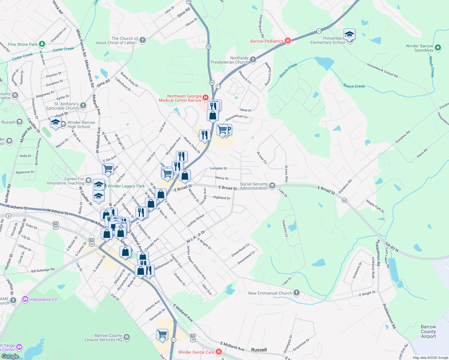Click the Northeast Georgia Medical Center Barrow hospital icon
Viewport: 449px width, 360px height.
(x=206, y=97)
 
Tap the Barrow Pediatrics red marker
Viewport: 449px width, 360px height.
(x=288, y=41)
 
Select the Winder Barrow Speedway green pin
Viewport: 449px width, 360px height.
(x=438, y=47)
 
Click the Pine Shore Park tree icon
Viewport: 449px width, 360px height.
(x=42, y=44)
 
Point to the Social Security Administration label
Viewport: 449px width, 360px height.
(x=254, y=186)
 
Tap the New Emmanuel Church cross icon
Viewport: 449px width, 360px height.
(x=296, y=293)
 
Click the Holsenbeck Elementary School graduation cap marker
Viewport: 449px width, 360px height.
(x=349, y=35)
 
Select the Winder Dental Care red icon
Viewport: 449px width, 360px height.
(x=219, y=352)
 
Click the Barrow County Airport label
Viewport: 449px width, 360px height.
(x=428, y=331)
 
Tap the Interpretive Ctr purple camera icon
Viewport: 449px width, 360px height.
(x=25, y=299)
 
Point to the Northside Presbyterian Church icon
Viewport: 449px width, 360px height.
(x=253, y=59)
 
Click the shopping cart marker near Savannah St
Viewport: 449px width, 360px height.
(x=162, y=334)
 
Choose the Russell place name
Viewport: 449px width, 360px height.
(x=259, y=350)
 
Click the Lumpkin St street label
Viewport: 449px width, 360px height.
(x=218, y=168)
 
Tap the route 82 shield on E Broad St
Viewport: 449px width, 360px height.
(x=344, y=200)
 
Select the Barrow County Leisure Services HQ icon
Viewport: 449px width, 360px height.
(x=127, y=337)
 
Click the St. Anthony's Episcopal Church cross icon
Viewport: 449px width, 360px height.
(x=83, y=106)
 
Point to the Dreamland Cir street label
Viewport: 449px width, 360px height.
(x=240, y=250)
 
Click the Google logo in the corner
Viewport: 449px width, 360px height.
(x=10, y=356)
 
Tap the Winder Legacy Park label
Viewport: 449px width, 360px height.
(x=126, y=186)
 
